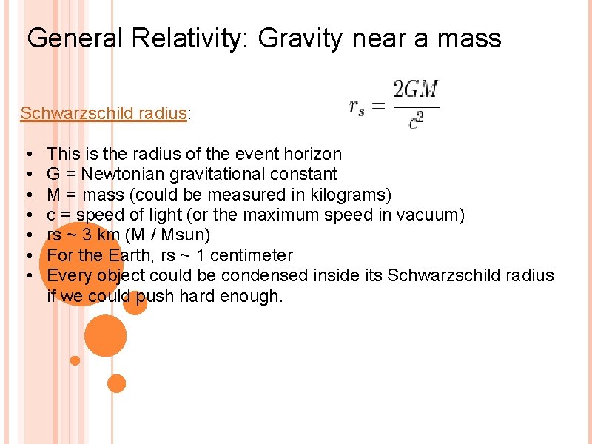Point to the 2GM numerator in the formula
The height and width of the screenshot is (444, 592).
coord(416,91)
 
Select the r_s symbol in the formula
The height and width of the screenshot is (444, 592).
coord(357,107)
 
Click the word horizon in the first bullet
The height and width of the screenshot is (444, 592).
coord(312,154)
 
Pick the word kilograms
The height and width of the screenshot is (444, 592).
coord(346,195)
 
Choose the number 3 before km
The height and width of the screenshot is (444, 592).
coord(88,235)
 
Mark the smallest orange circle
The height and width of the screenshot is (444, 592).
coord(75,360)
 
